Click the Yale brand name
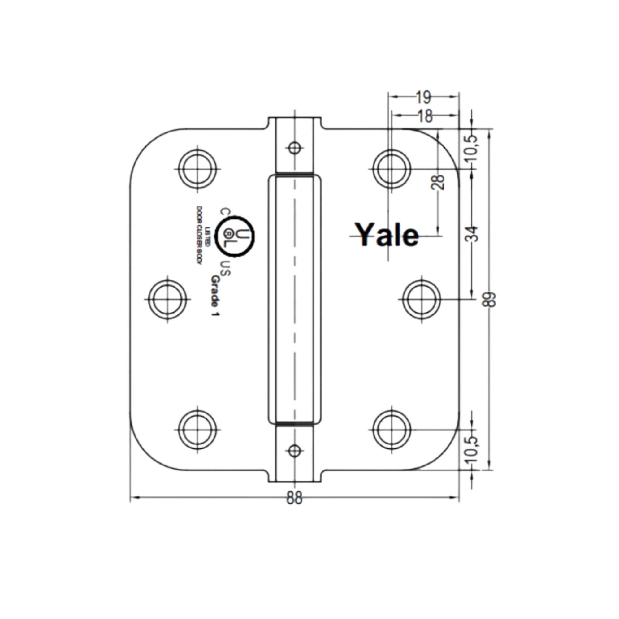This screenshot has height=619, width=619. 388,236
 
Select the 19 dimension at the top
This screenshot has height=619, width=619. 424,98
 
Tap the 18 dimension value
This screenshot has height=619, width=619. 425,117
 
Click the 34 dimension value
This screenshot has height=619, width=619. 472,234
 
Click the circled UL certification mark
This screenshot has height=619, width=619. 236,237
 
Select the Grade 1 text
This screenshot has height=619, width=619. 215,296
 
